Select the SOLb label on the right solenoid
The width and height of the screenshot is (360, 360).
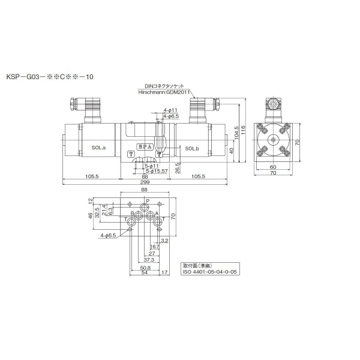click(191, 148)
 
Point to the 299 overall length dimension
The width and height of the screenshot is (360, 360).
click(145, 182)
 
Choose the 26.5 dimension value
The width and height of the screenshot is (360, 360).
click(178, 170)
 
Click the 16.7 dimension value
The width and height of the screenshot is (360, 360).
click(155, 246)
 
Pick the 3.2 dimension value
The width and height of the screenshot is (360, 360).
click(164, 239)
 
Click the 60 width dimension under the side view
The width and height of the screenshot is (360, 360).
click(273, 167)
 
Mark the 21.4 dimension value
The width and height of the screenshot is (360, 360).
click(104, 210)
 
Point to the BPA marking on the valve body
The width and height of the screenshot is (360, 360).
click(145, 146)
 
